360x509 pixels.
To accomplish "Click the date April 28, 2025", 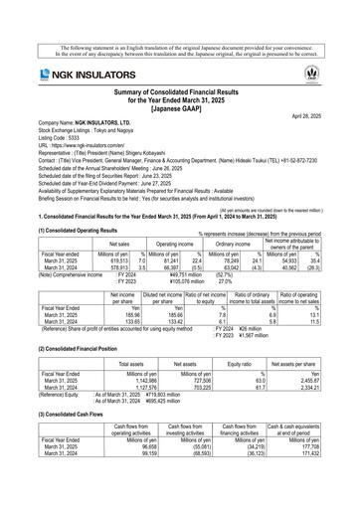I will tap(325, 115).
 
